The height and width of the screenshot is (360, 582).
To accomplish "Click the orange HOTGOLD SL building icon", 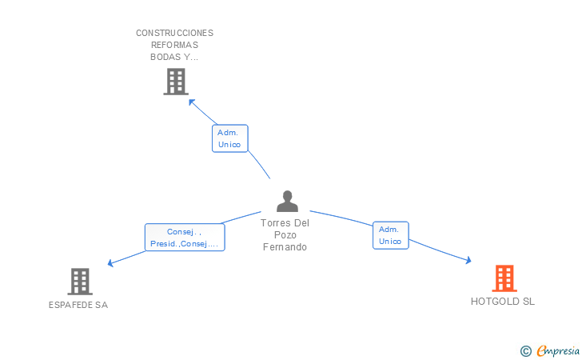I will point(504,278).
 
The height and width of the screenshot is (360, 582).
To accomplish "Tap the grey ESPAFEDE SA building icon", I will point(79,282).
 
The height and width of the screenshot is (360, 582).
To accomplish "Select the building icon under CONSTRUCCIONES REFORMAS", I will point(175,82).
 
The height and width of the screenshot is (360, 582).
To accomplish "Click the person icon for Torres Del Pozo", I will point(287,202).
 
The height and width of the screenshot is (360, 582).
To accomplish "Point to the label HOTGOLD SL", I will point(503,302).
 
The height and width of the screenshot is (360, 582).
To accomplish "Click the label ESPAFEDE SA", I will point(78,305).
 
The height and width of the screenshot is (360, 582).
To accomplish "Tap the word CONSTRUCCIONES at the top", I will point(174,33).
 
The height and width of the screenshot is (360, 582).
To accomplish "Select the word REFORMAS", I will point(174,45).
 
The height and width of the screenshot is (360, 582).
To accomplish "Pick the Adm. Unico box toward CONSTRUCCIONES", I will point(229,138).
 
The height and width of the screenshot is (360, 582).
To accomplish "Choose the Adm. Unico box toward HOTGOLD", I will point(390,235).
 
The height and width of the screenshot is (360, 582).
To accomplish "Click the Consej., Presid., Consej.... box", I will point(185,238).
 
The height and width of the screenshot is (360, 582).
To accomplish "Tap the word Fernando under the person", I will point(285,247).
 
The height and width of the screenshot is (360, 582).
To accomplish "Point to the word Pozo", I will point(285,235).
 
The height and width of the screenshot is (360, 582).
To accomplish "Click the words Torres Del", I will point(285,223).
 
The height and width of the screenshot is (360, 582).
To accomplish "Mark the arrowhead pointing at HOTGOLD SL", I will point(468,260).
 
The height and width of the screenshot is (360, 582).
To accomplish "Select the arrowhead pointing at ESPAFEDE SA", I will point(111,262).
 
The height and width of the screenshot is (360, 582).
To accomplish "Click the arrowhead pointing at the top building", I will point(191,102).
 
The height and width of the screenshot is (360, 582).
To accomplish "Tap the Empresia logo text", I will point(558,350).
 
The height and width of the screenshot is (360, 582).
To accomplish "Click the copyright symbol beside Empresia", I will point(525,350).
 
